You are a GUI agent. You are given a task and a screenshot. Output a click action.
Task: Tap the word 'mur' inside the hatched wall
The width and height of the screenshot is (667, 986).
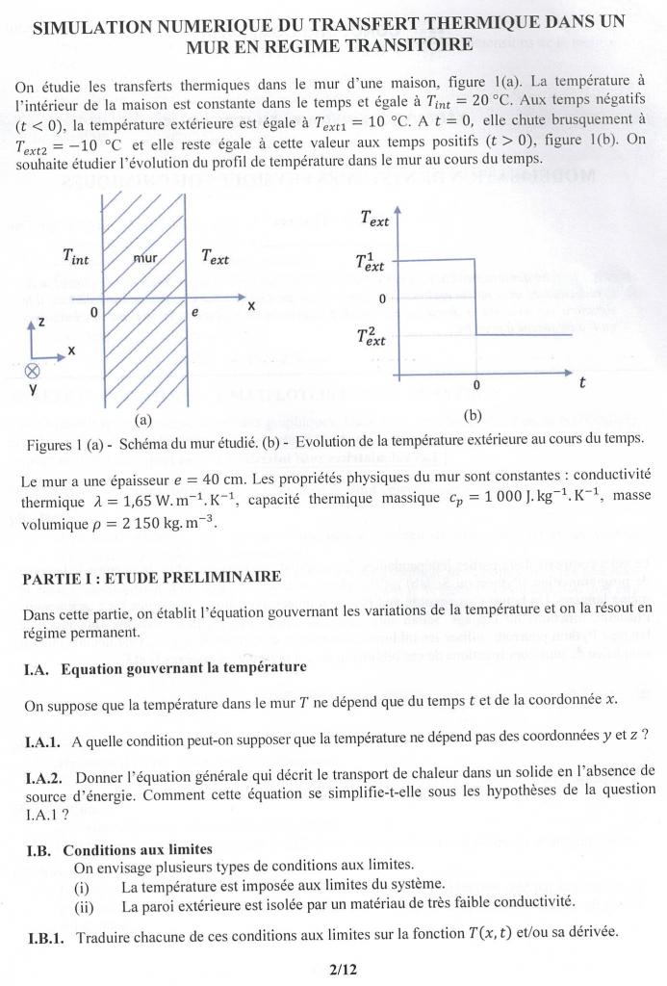click(145, 257)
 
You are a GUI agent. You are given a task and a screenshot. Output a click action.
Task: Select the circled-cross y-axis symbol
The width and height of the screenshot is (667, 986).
click(34, 371)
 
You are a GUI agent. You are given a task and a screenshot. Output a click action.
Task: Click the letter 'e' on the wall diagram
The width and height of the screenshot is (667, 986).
click(194, 313)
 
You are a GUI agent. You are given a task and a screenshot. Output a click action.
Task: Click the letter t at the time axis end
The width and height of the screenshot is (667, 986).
click(582, 382)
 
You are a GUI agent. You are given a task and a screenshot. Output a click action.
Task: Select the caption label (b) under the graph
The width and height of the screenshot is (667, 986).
click(472, 416)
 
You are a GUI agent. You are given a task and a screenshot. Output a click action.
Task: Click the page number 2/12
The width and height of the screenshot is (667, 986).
click(343, 969)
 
